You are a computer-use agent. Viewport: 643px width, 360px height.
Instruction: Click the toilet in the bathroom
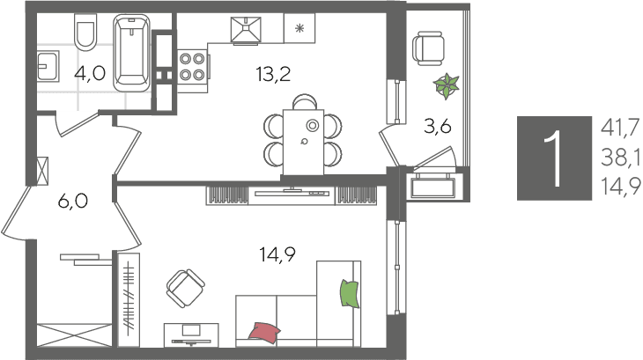coord(85,33)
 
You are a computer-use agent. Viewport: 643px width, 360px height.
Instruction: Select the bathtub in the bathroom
coord(131,53)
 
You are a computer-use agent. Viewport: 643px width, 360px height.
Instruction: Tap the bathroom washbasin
coord(48,66)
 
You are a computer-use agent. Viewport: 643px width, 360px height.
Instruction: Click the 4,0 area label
coord(90,74)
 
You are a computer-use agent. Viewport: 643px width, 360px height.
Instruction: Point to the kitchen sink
coord(246,30)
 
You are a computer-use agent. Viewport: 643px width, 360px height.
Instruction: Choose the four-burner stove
coord(192,67)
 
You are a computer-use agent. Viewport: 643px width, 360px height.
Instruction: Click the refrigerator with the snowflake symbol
coord(299,28)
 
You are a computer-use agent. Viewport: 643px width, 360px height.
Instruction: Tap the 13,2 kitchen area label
coord(273,74)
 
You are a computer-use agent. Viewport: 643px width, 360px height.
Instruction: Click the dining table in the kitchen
coord(304,142)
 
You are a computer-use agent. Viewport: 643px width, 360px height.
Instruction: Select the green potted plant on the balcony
coord(447,86)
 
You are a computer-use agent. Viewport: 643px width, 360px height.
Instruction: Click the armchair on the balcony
coord(429,48)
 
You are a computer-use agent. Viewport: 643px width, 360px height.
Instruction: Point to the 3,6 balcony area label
coord(438,127)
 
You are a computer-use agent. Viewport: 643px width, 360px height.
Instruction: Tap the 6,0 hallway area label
coord(73,201)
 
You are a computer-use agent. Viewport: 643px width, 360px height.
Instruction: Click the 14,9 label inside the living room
coord(277,254)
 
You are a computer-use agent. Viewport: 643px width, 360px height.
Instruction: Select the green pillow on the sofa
coord(350,294)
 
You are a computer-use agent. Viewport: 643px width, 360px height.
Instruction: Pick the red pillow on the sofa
coord(264,331)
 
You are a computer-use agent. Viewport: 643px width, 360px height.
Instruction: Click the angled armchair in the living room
coord(185,289)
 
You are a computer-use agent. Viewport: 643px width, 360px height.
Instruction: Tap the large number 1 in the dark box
coord(554,158)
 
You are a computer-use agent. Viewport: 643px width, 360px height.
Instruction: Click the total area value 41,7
coord(620,128)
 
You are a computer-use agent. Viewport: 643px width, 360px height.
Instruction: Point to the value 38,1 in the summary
coord(620,158)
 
